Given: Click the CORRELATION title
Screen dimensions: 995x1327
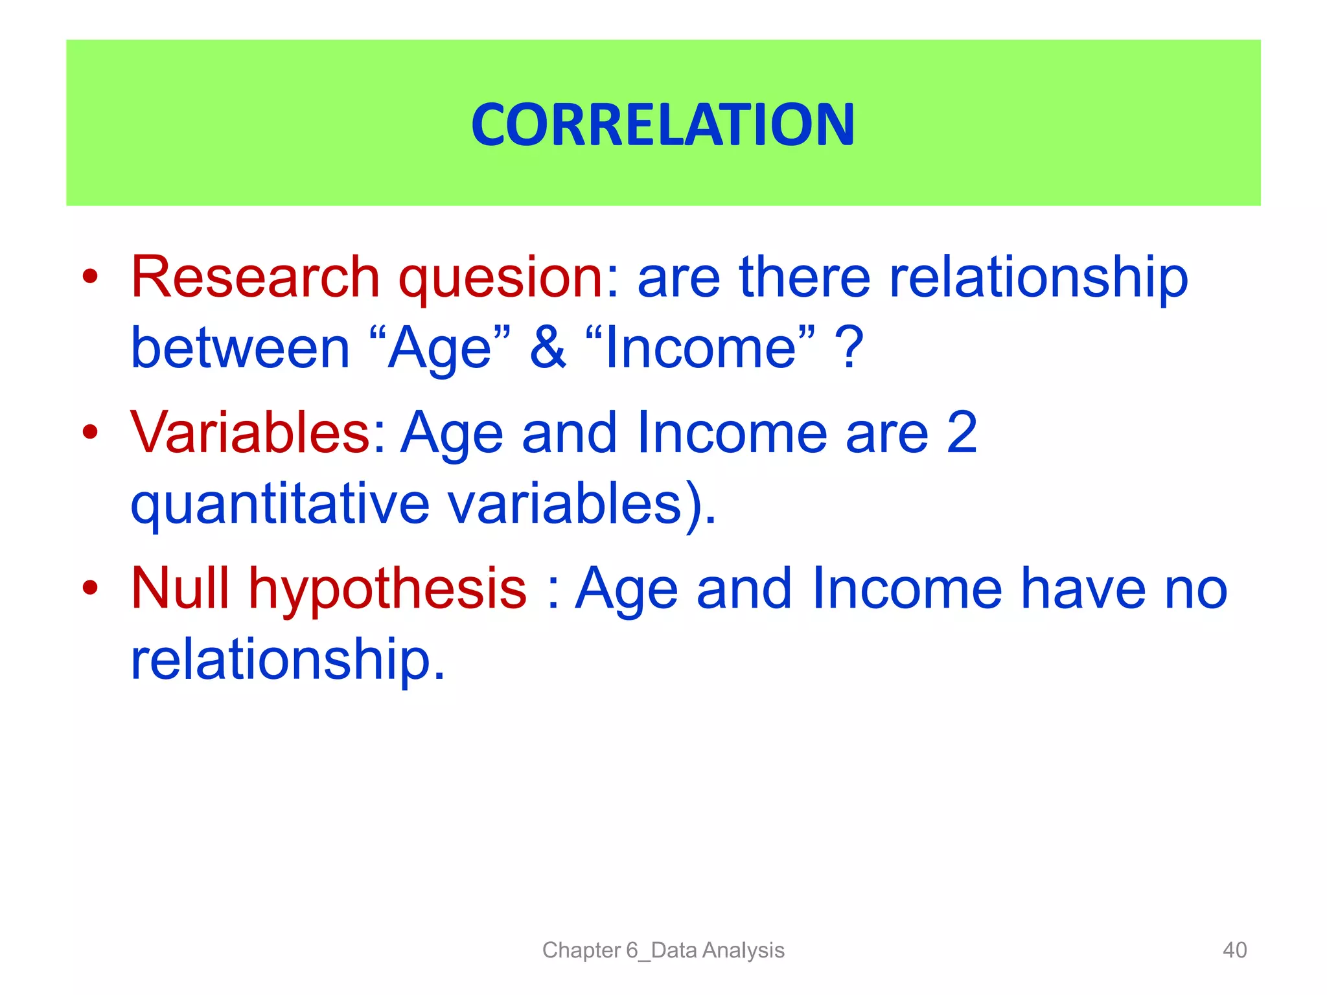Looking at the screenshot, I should point(663,124).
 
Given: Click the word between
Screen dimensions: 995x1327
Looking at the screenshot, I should point(240,349).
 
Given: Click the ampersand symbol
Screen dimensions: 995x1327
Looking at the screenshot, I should point(548,348).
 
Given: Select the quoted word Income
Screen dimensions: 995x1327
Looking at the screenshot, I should point(700,349).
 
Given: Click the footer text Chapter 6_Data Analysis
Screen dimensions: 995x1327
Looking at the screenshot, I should point(663,950).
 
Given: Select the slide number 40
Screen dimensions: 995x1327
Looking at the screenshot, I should point(1234,950).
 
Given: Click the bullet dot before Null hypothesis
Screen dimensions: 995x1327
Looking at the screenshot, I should point(90,588).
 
